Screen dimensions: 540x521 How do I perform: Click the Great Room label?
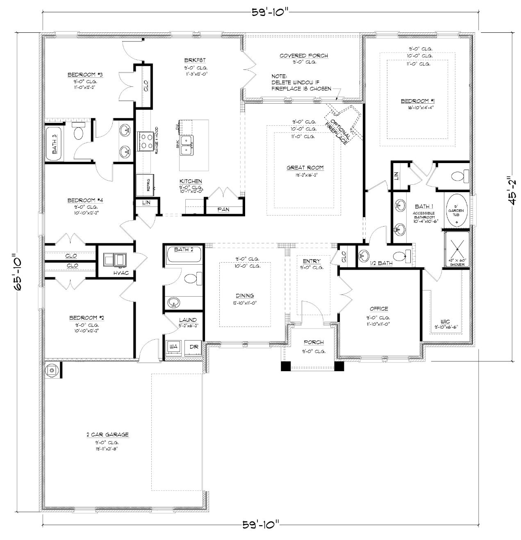point(305,167)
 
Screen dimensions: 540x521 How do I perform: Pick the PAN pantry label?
point(223,209)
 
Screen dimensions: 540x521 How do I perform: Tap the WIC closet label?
point(445,322)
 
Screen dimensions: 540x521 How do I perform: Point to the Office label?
point(378,309)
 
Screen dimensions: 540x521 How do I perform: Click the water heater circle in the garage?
point(51,370)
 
